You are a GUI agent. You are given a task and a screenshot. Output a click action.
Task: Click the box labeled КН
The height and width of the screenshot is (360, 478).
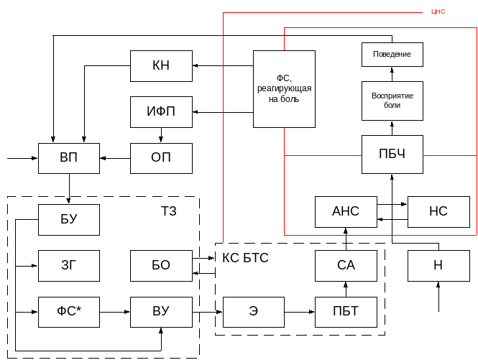pyautogui.click(x=161, y=66)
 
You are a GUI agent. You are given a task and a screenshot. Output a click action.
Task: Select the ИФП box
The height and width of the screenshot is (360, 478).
pyautogui.click(x=161, y=112)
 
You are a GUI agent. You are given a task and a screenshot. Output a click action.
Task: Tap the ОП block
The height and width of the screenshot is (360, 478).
pyautogui.click(x=161, y=158)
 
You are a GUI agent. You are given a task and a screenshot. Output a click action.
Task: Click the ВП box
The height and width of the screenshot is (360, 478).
pyautogui.click(x=69, y=158)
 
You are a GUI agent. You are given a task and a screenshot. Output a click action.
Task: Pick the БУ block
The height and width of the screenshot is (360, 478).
pyautogui.click(x=69, y=219)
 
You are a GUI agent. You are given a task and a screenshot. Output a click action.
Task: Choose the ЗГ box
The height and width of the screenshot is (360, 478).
pyautogui.click(x=69, y=265)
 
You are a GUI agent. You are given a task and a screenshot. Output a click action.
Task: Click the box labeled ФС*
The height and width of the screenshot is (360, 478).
pyautogui.click(x=69, y=311)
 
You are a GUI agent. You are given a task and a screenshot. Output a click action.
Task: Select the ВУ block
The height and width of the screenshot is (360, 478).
pyautogui.click(x=161, y=311)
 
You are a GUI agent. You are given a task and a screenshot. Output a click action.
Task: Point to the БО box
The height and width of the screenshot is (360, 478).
pyautogui.click(x=161, y=265)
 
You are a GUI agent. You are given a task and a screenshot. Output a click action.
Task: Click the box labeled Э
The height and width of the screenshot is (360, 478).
pyautogui.click(x=253, y=311)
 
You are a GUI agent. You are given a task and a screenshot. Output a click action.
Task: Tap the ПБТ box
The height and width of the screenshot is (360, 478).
pyautogui.click(x=346, y=311)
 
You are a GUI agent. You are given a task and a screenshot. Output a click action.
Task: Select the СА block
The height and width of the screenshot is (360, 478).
pyautogui.click(x=346, y=265)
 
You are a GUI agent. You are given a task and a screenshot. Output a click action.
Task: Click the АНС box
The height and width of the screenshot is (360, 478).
pyautogui.click(x=346, y=211)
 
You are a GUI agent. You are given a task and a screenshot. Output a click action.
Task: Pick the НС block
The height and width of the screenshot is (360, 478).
pyautogui.click(x=438, y=211)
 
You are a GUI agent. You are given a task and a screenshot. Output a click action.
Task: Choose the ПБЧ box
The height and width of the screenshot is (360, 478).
pyautogui.click(x=392, y=154)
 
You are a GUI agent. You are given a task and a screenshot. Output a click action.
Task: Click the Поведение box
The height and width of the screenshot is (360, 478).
pyautogui.click(x=392, y=55)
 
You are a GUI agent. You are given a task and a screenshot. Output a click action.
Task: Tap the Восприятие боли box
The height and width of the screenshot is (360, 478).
pyautogui.click(x=392, y=100)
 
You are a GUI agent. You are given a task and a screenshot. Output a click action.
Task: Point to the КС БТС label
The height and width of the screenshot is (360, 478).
pyautogui.click(x=246, y=258)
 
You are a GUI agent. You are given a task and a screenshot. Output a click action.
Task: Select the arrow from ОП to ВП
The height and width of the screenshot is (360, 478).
pyautogui.click(x=115, y=158)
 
